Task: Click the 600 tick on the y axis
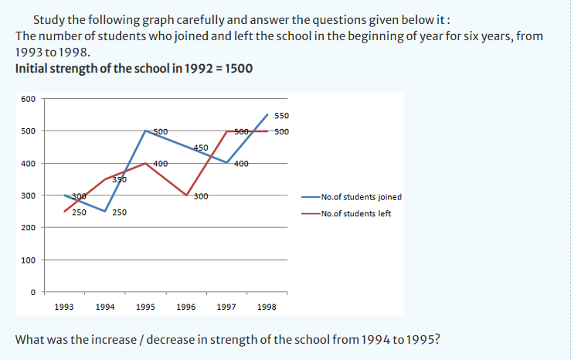coord(28,99)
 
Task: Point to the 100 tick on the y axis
coord(28,260)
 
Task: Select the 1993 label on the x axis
coord(64,307)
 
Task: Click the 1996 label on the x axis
coord(186,307)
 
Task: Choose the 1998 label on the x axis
coord(267,307)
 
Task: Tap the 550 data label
coord(281,116)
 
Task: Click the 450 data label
coord(200,147)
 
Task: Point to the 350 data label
coord(119,179)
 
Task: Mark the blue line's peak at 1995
coord(146,131)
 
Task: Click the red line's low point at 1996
coord(186,195)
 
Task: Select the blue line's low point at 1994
coord(105,212)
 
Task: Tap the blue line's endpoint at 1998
coord(267,114)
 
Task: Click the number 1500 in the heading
coord(236,69)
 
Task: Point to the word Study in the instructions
coord(48,19)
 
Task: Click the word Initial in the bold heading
coord(32,69)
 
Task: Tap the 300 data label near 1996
coord(200,195)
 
